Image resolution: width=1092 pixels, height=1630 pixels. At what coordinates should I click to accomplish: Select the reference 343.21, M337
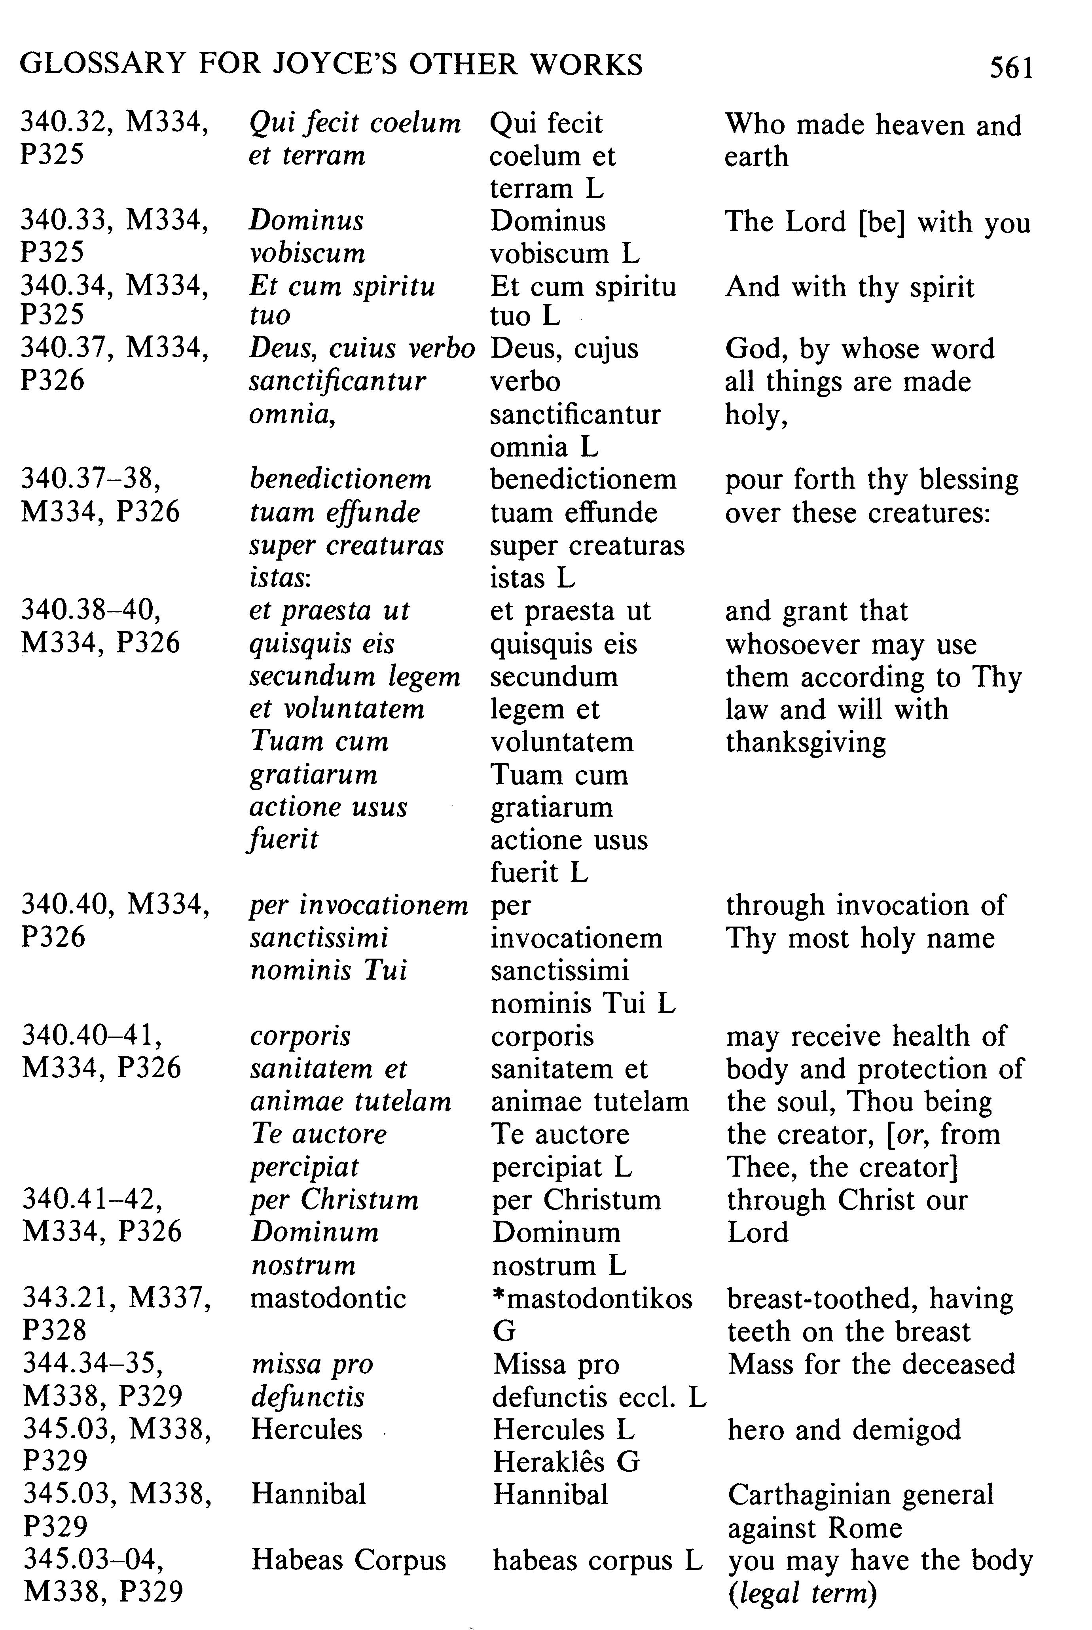click(116, 1298)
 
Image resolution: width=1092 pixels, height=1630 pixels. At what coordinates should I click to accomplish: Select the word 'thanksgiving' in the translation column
click(806, 742)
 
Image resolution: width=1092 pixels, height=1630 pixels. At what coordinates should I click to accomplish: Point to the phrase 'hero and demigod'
click(844, 1429)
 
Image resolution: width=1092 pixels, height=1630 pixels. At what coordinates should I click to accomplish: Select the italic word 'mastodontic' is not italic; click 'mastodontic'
click(328, 1298)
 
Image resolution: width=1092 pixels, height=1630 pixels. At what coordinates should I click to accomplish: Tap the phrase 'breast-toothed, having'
click(870, 1298)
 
